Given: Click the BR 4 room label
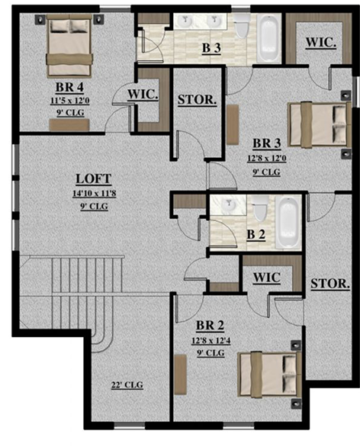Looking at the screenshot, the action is coord(70,87).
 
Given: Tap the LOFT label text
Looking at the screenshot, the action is coord(94,178).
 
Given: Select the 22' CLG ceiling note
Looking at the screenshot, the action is coord(127,385).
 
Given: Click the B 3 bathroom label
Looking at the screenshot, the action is coord(211,48).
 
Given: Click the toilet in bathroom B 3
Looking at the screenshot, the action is coord(242,26).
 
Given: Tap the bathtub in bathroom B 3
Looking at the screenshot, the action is coord(268,38).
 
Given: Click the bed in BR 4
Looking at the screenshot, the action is coord(69,46).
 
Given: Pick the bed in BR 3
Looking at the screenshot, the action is coord(320,125).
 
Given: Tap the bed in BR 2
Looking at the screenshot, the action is coord(269,375).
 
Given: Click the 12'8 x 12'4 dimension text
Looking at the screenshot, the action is coord(211,340).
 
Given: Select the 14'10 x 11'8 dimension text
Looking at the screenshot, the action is coord(94,194).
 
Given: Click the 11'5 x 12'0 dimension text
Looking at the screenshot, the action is coord(70,101).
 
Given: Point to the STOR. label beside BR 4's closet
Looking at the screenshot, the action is coord(198,100).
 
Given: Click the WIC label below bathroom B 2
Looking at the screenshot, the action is coord(267,277).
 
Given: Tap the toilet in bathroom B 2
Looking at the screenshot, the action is coord(260,208).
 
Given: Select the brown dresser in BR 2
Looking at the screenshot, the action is coord(181,375).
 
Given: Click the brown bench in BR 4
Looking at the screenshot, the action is coord(69,125).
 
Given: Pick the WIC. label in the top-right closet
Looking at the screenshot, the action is coord(321,43).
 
